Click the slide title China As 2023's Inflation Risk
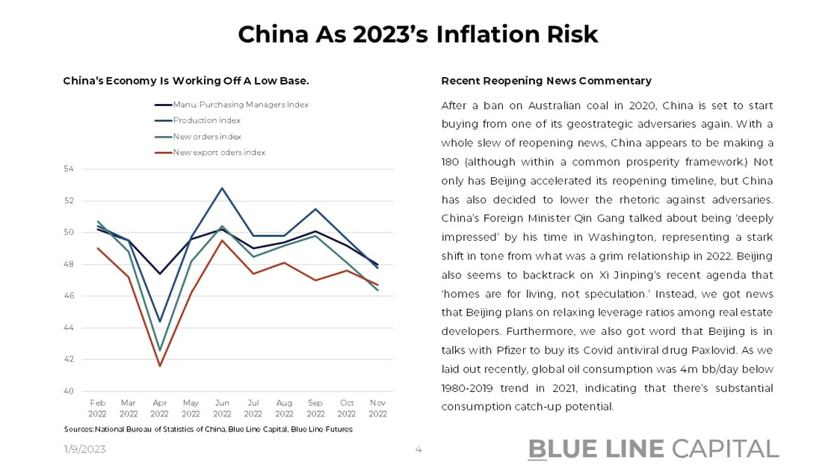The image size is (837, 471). [x=418, y=34]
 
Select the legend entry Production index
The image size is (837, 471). [x=207, y=120]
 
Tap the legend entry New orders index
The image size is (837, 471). [x=207, y=137]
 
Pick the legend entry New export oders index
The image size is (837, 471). [x=219, y=153]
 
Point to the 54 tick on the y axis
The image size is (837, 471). [x=69, y=169]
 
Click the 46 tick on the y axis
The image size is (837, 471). [x=69, y=296]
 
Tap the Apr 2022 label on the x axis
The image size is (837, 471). [x=159, y=407]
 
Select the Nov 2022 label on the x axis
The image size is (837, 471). [x=377, y=407]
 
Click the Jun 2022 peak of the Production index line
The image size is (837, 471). [x=222, y=188]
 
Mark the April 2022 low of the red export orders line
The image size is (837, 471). [x=159, y=366]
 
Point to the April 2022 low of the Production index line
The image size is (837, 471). [x=159, y=321]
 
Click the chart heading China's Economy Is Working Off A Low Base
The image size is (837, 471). [x=186, y=81]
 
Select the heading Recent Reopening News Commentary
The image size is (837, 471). [x=546, y=81]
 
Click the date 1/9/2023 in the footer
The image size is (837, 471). [x=84, y=449]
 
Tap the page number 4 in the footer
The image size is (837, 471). [x=418, y=449]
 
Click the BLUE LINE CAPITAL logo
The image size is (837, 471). [x=653, y=449]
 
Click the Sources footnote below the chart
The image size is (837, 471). [x=208, y=429]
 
